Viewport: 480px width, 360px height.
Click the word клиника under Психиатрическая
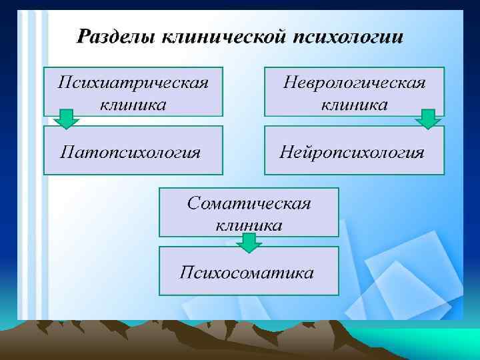click(133, 104)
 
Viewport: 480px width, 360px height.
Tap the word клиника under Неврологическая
click(354, 104)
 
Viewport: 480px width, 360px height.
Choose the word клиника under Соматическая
click(249, 225)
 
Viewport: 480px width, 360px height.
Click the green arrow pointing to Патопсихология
click(66, 119)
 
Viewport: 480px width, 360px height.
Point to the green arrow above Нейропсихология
click(427, 119)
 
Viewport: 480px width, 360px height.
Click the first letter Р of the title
click(84, 35)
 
